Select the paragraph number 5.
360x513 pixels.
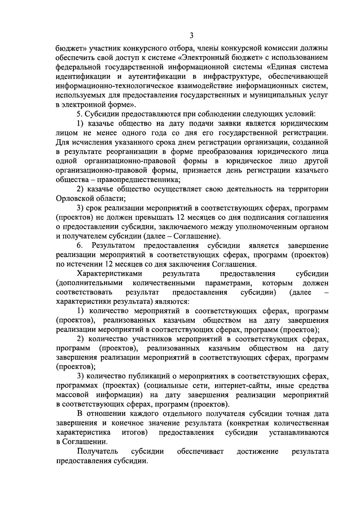point(79,114)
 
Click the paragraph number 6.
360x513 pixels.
point(79,246)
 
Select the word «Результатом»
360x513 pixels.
point(113,246)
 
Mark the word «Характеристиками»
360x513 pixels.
point(109,274)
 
